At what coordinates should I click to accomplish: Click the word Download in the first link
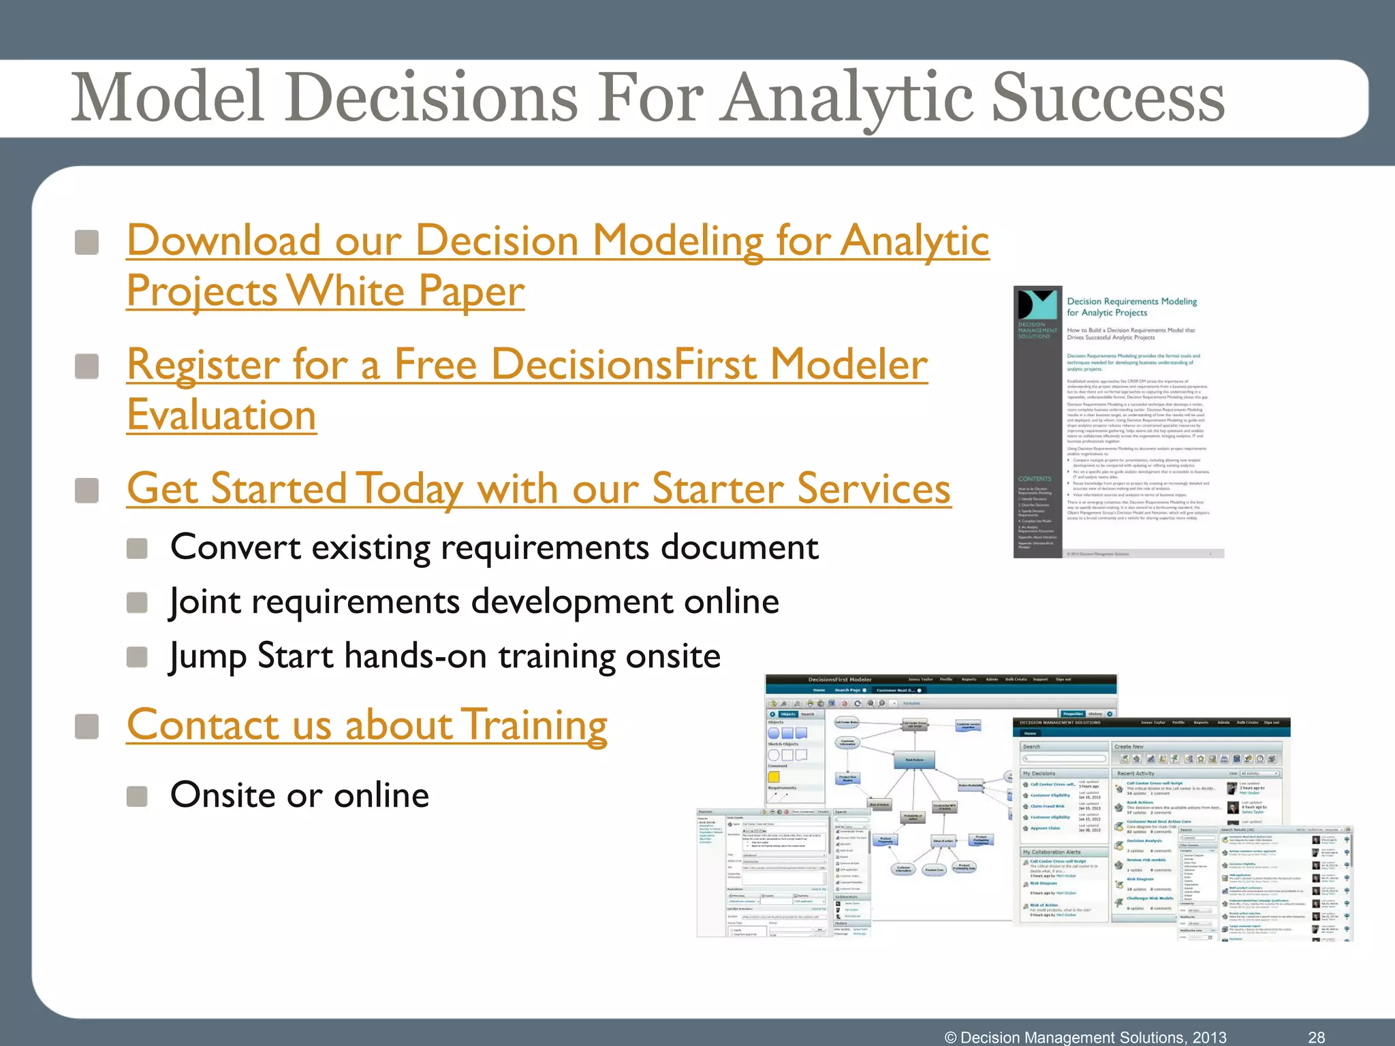(x=223, y=241)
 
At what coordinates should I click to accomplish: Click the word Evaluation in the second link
(x=221, y=415)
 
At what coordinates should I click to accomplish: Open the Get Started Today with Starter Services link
(x=538, y=489)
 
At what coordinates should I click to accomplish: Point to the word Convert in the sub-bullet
(x=236, y=548)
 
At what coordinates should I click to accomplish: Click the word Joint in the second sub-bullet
(x=205, y=602)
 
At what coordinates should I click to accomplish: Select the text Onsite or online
(x=300, y=795)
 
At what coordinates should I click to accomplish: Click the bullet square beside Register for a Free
(x=87, y=366)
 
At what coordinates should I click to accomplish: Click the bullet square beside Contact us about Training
(x=87, y=726)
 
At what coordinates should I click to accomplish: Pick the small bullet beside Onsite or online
(x=138, y=796)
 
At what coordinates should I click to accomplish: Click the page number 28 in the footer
(x=1316, y=1037)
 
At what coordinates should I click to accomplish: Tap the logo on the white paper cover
(x=1037, y=305)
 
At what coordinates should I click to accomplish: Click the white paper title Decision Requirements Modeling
(x=1131, y=302)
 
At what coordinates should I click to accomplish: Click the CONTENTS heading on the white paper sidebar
(x=1034, y=479)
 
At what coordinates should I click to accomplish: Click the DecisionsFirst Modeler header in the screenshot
(x=839, y=680)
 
